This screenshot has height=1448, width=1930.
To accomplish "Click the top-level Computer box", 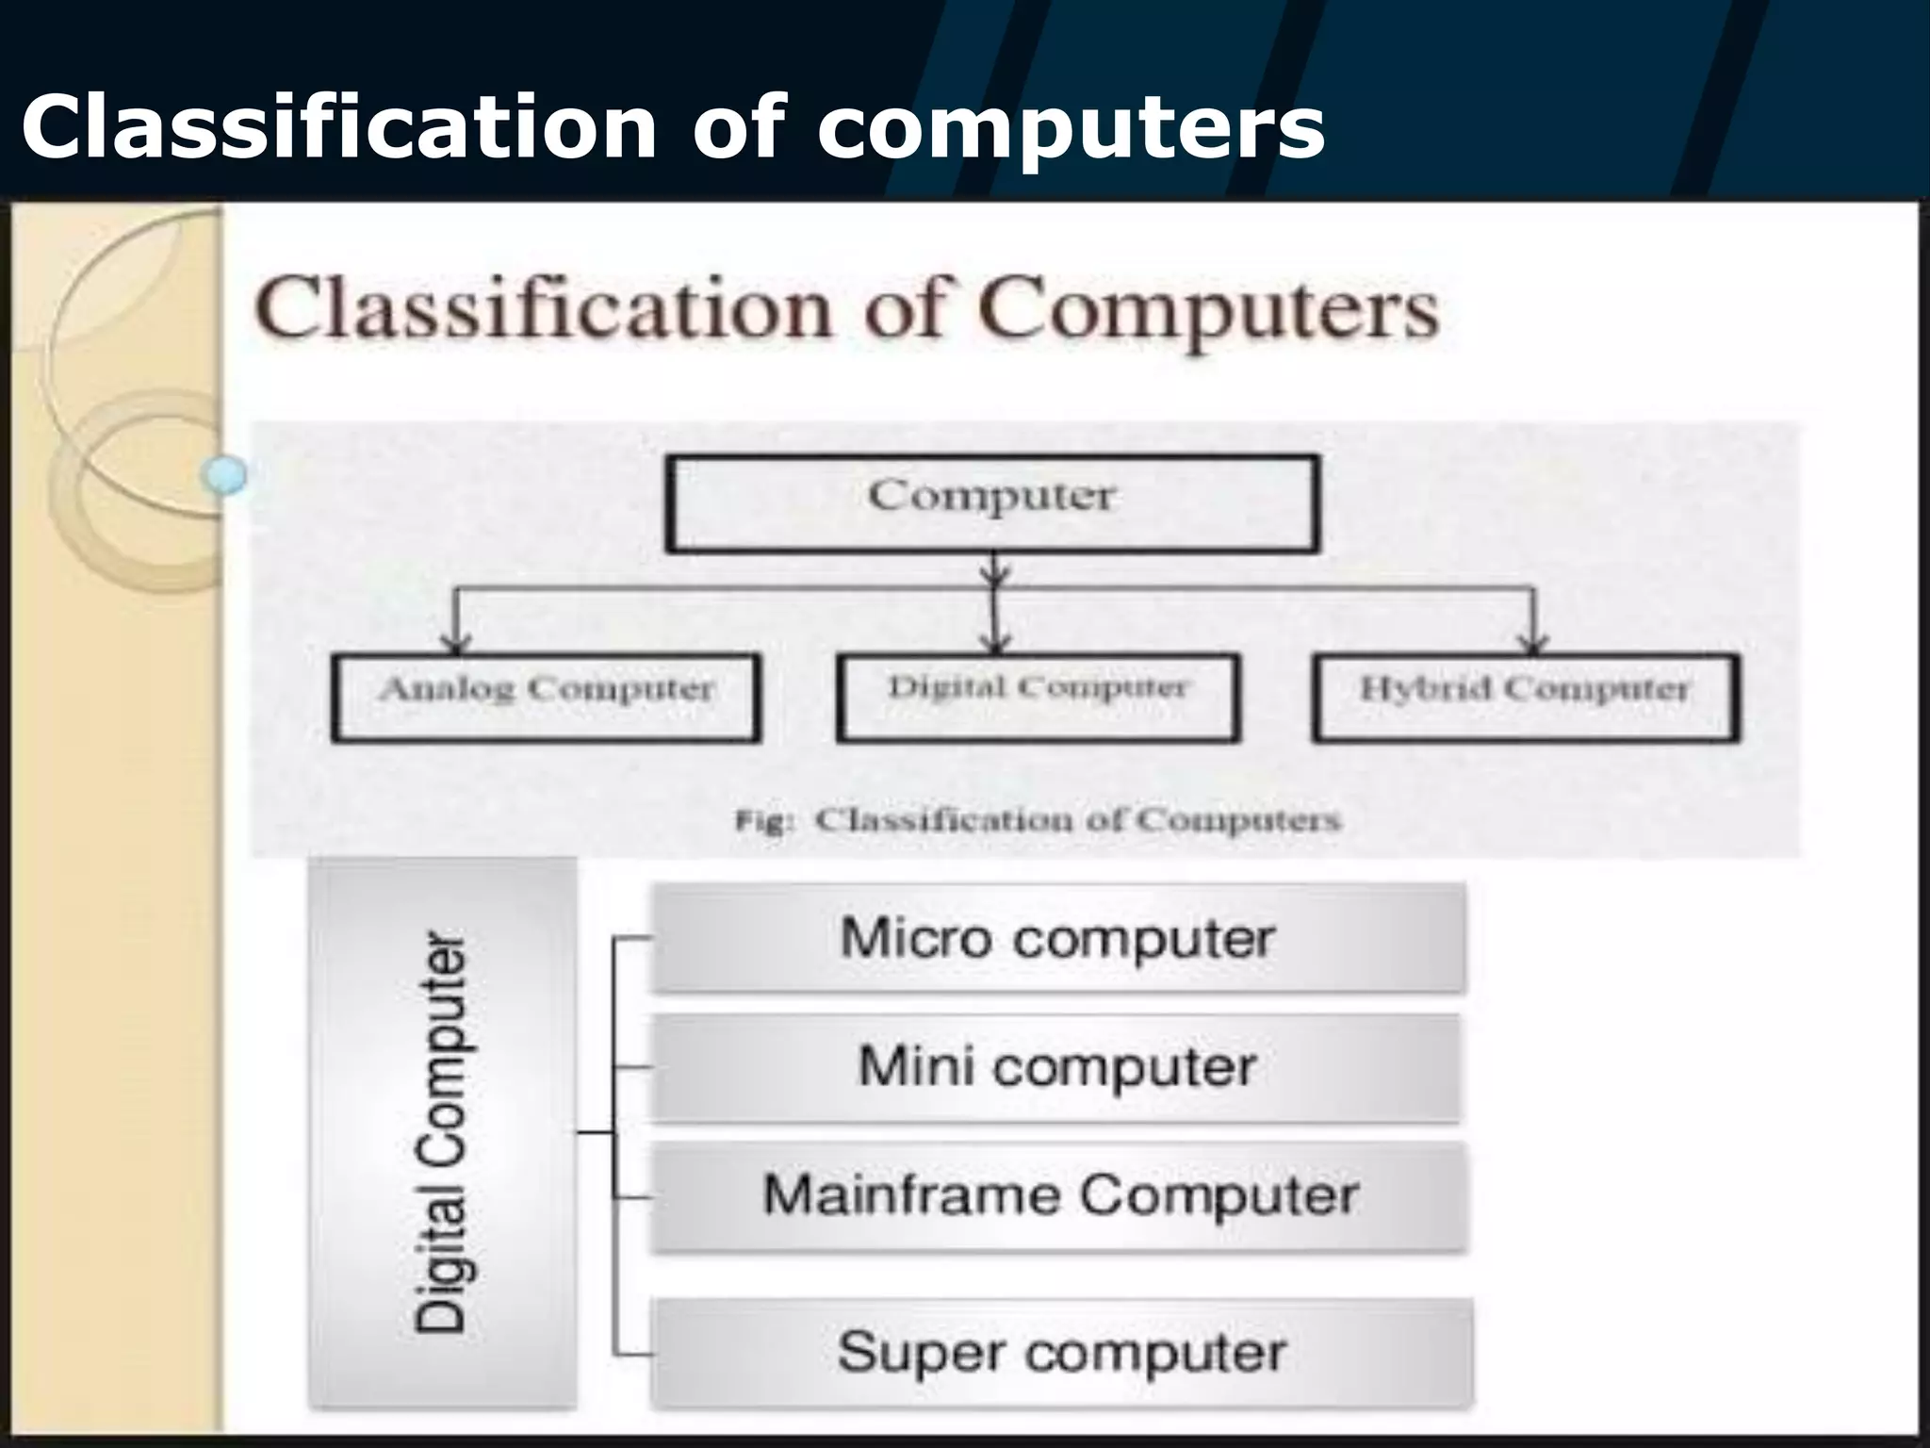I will click(992, 503).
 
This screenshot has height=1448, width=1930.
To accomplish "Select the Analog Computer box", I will click(546, 698).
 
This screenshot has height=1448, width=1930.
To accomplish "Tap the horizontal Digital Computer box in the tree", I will click(1038, 698).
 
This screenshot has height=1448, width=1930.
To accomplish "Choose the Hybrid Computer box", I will click(1526, 698).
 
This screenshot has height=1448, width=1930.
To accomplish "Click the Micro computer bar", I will click(1057, 939).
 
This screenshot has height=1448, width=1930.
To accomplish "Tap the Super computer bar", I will click(1061, 1353).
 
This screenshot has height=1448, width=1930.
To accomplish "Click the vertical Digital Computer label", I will click(441, 1132).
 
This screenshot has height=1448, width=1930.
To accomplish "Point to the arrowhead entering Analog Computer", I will click(456, 644).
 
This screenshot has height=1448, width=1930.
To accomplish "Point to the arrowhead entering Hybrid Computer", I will click(1534, 644).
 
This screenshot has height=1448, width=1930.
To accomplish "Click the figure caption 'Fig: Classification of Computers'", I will click(1038, 820).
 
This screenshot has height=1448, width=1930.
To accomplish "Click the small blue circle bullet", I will click(225, 474).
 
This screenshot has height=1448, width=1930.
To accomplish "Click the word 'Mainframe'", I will click(911, 1195).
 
